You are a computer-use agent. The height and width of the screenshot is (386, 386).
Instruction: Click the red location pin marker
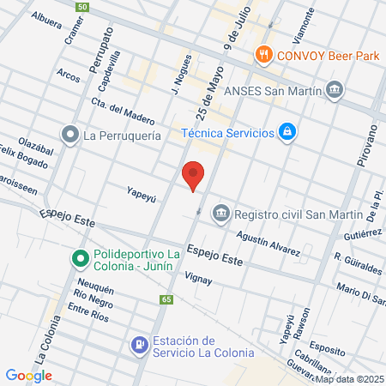(194, 174)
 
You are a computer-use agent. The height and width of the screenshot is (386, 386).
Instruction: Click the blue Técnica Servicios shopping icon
(288, 132)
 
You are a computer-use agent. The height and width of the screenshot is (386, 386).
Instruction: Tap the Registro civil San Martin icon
(221, 212)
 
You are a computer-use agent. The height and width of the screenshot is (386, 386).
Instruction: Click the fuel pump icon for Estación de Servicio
(138, 345)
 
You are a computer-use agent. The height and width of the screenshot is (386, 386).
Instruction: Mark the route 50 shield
(81, 7)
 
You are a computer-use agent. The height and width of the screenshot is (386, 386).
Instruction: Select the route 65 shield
(166, 299)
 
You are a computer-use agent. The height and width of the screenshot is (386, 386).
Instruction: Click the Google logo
(28, 375)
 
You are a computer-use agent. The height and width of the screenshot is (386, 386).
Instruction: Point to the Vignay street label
(198, 279)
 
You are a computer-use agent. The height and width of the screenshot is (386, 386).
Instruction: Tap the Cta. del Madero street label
(122, 112)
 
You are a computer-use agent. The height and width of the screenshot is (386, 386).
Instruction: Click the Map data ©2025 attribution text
(349, 379)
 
